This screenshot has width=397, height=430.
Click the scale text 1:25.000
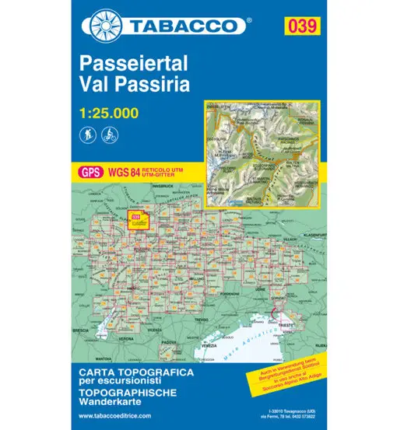click(x=109, y=113)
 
